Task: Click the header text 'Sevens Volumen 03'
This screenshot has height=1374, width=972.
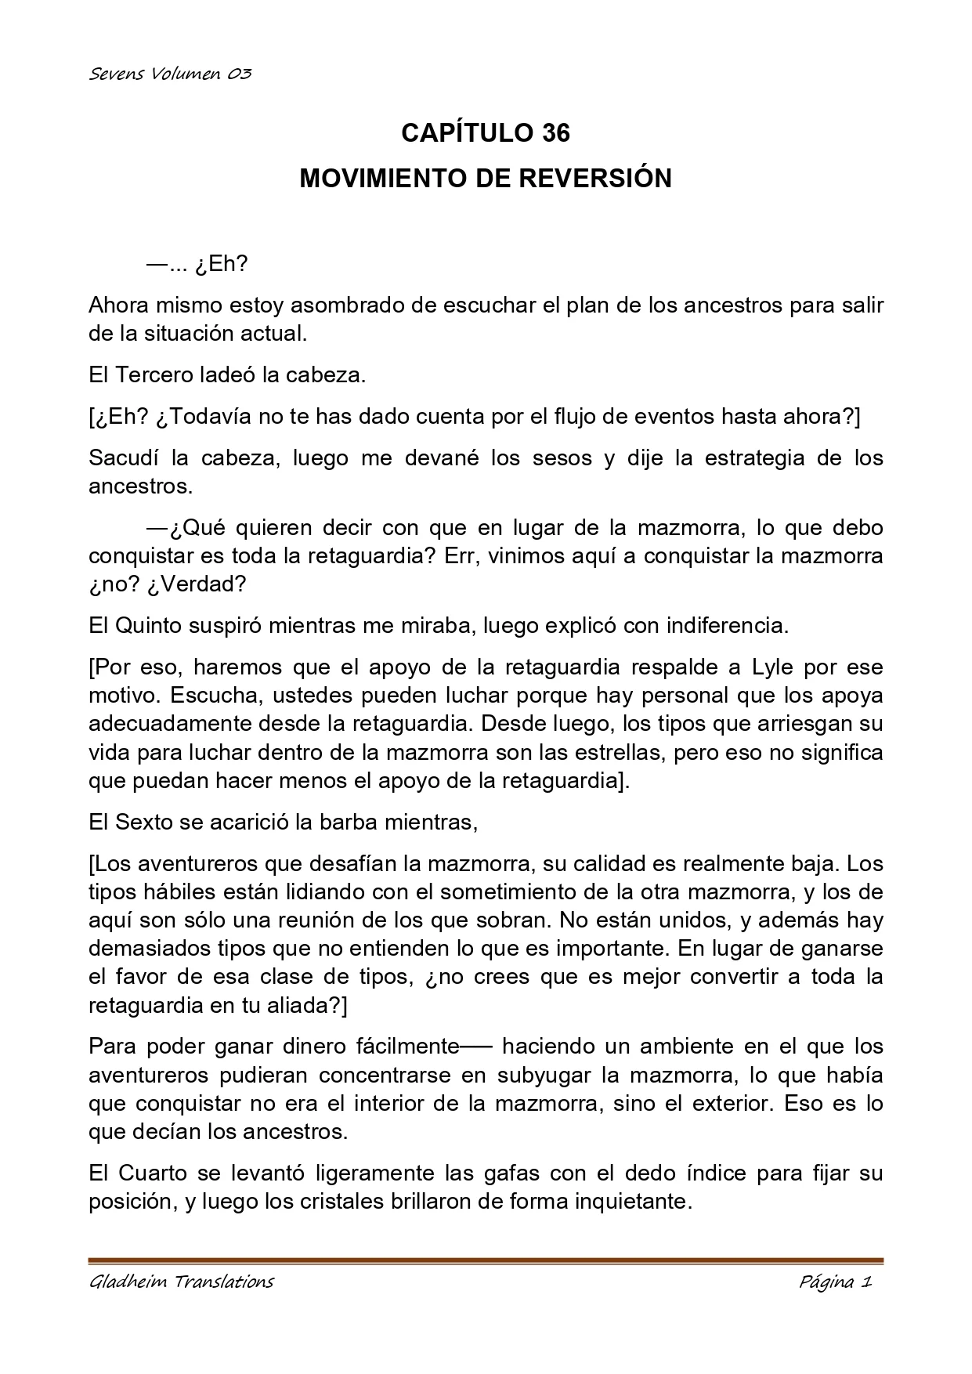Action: click(x=170, y=74)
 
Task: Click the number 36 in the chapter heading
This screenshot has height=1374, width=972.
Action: click(x=555, y=133)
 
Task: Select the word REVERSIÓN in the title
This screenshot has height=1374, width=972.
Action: click(x=595, y=179)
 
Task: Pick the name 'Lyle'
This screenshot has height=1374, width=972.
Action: click(x=773, y=667)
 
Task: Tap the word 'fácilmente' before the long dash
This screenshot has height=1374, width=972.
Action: click(x=407, y=1047)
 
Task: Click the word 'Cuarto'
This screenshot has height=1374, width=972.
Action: click(x=153, y=1173)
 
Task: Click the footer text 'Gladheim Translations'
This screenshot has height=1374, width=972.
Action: click(x=182, y=1282)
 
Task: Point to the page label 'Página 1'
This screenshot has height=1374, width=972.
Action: click(x=835, y=1282)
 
